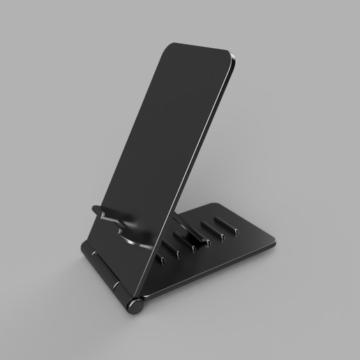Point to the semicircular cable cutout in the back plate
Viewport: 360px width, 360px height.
click(x=132, y=237)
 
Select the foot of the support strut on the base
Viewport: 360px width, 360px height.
click(x=202, y=244)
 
